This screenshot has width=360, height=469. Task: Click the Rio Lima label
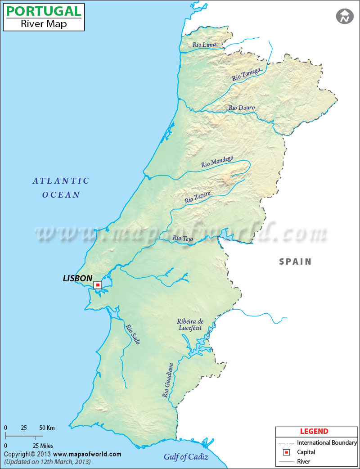coord(204,45)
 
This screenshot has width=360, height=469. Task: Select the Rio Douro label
coord(242,108)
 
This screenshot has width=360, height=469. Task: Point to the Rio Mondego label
coord(217,162)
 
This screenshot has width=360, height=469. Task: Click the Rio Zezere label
coord(198,197)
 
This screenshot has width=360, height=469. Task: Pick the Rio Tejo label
coord(183,239)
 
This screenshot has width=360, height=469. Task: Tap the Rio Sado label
coord(133,334)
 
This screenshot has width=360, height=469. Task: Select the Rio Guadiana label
coord(167,380)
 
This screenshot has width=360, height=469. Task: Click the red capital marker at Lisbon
coord(98,285)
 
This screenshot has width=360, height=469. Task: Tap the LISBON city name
coord(77,279)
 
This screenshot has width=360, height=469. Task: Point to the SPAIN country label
coord(295,262)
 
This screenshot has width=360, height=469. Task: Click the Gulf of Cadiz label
coord(186,457)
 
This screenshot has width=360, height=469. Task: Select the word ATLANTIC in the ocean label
coord(61,181)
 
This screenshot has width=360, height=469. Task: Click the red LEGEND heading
coord(314,431)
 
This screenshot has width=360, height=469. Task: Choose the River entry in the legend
coord(304,461)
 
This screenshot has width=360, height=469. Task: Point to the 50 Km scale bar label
coord(47,427)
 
